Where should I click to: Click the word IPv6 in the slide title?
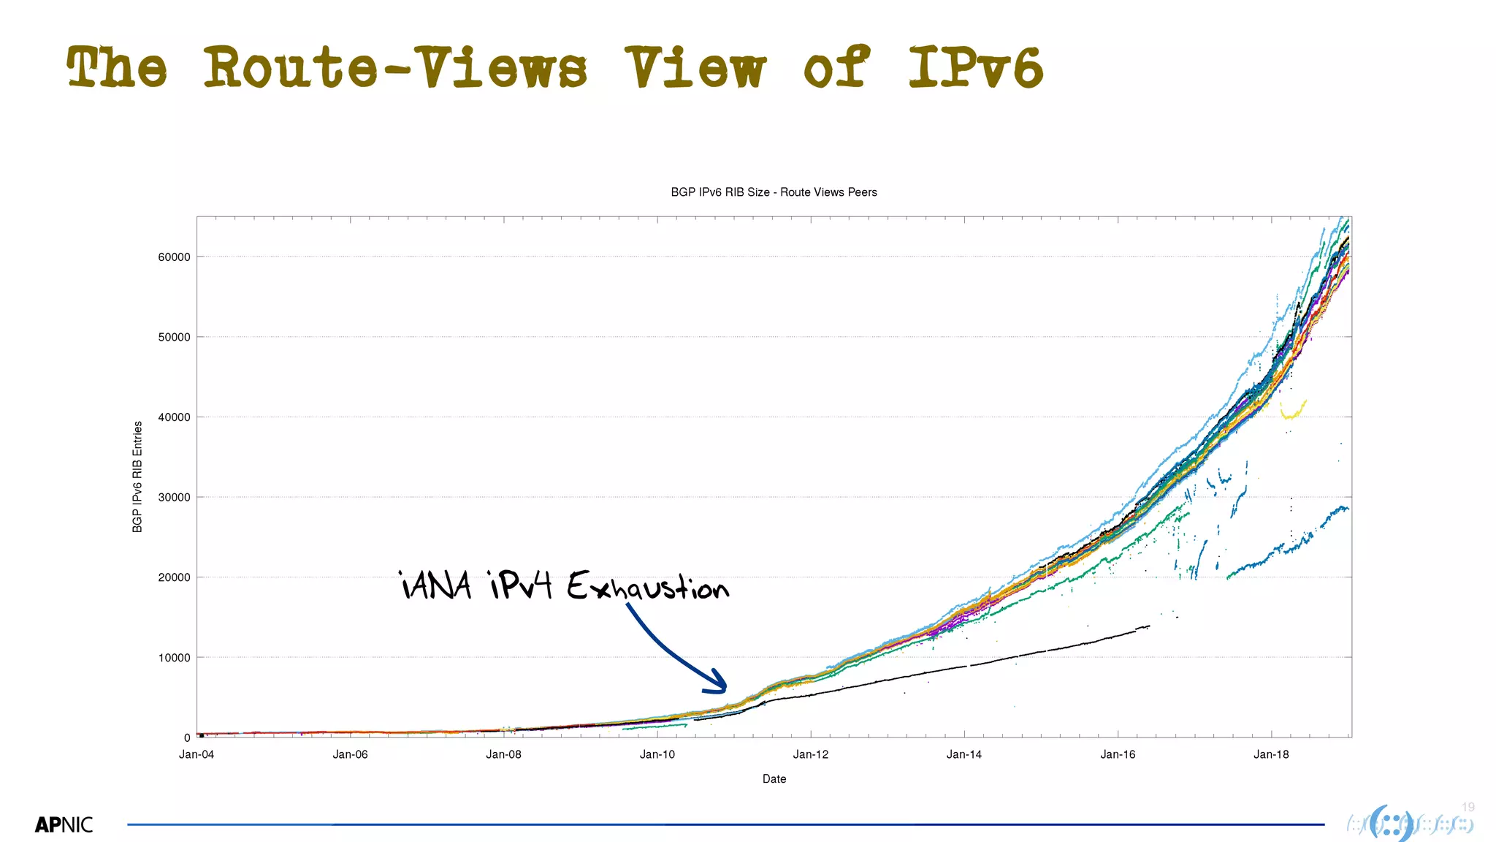click(x=976, y=67)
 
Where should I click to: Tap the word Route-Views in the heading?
click(x=394, y=67)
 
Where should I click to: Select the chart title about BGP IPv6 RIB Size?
click(x=774, y=192)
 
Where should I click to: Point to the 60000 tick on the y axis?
click(x=175, y=257)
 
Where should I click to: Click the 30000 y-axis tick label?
click(x=175, y=498)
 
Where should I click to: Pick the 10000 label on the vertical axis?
click(x=175, y=658)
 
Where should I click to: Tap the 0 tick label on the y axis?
click(x=187, y=738)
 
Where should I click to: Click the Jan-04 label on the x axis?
click(x=196, y=754)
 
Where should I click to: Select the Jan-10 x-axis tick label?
click(x=657, y=754)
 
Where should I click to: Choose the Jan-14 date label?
click(x=964, y=754)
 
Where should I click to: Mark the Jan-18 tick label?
click(x=1271, y=754)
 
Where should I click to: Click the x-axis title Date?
click(x=774, y=779)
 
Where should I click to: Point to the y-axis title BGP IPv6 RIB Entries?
click(x=137, y=477)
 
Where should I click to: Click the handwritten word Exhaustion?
click(x=647, y=586)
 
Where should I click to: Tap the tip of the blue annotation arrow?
click(x=725, y=689)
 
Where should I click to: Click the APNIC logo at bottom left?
click(x=64, y=825)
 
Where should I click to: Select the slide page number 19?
click(x=1468, y=807)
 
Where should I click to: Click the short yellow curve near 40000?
click(x=1293, y=411)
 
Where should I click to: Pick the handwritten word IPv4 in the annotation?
click(x=521, y=585)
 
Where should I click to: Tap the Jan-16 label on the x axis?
click(x=1118, y=754)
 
